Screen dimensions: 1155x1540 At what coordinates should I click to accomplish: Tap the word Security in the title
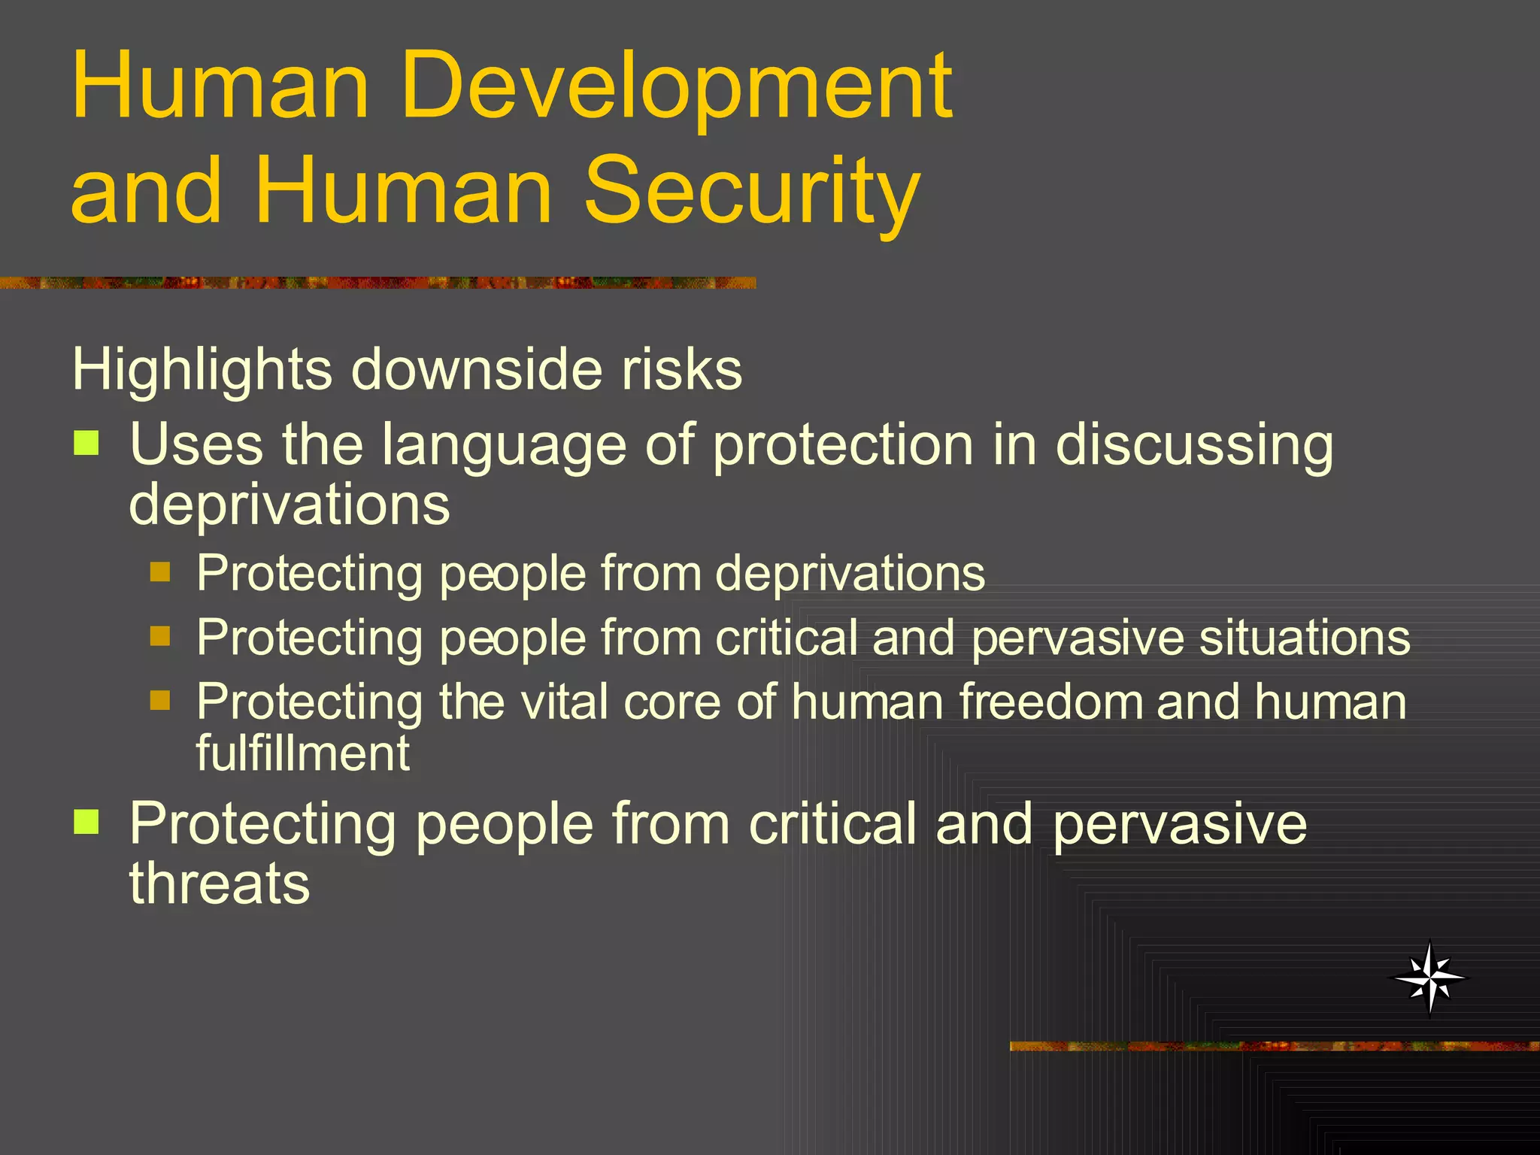point(752,192)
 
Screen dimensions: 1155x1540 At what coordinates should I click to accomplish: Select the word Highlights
point(202,370)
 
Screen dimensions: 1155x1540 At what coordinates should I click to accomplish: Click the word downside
point(477,370)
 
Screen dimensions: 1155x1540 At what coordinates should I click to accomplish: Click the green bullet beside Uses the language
point(86,444)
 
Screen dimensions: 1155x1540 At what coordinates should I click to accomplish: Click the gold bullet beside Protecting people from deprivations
point(160,572)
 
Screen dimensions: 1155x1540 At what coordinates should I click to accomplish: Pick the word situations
point(1304,638)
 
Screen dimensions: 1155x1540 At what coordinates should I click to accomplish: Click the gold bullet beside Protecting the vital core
point(160,701)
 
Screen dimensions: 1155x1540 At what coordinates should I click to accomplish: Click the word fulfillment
point(303,753)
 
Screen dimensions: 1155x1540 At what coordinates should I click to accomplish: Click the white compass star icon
point(1429,978)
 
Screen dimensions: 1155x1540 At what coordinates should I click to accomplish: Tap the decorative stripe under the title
point(376,283)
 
